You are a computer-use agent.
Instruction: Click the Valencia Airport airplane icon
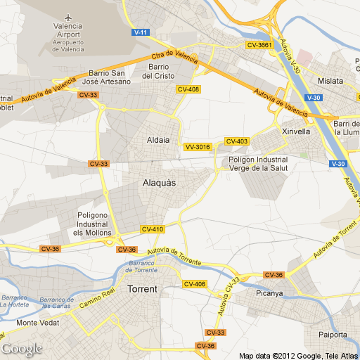(68, 16)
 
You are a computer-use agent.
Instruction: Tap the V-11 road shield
(141, 32)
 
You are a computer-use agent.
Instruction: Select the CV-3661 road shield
(259, 45)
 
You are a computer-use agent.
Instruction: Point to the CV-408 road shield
(188, 89)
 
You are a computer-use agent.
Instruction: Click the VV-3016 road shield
(197, 147)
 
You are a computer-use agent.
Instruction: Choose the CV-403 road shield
(236, 141)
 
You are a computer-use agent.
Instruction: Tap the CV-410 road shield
(153, 229)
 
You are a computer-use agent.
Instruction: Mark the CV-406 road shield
(194, 284)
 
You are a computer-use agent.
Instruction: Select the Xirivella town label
(295, 131)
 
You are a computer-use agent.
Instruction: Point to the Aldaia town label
(158, 139)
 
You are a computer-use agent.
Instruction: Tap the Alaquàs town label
(159, 183)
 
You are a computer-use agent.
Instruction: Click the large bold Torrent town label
(142, 289)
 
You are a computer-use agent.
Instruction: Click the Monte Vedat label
(37, 323)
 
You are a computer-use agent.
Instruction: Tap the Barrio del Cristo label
(157, 72)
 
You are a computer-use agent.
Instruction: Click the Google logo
(22, 349)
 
